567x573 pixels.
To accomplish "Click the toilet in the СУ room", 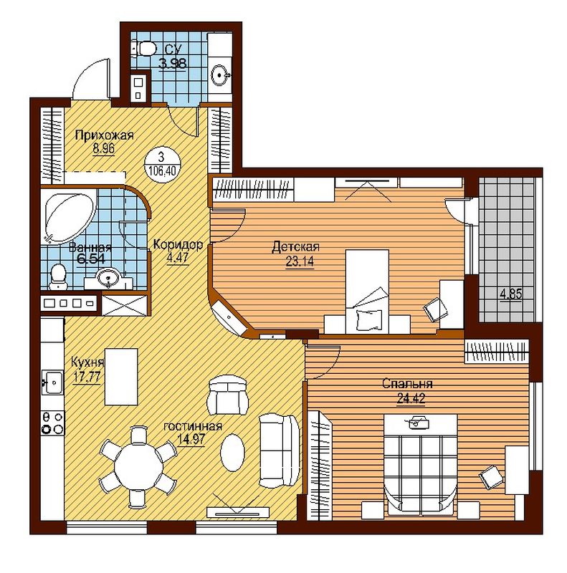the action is tap(144, 49).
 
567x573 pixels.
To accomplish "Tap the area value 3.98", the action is tap(172, 63).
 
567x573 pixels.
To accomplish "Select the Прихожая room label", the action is tap(104, 135).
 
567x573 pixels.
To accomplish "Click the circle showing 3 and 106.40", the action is tap(162, 164).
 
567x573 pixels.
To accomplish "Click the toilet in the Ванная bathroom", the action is tap(57, 276).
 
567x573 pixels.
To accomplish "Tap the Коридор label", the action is tap(178, 244).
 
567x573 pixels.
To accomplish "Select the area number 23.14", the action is tap(300, 261).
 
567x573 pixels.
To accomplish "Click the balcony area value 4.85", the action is tap(511, 294).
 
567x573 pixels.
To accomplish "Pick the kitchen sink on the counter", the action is tap(52, 382).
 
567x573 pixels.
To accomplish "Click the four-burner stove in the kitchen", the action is tap(52, 423).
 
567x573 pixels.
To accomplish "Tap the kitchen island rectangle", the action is tap(121, 377).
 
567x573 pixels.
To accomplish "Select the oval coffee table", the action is tap(232, 453).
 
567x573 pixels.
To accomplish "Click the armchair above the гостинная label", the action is tap(227, 395).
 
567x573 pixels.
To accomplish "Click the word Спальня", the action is tap(407, 384).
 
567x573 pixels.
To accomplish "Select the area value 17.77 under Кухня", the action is tap(86, 377).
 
